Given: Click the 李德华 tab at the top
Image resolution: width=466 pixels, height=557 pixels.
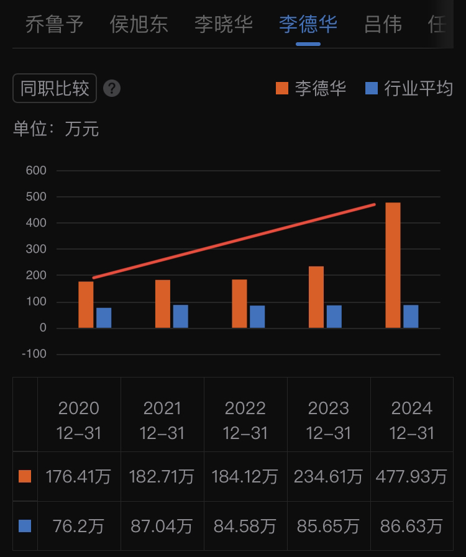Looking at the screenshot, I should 308,25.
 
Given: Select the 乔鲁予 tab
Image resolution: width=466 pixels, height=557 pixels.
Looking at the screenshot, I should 55,25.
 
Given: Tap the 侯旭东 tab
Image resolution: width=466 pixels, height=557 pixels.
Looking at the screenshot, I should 139,25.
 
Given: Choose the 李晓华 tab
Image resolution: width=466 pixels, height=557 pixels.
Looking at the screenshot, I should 224,25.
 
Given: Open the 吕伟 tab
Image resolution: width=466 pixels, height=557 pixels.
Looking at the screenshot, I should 383,25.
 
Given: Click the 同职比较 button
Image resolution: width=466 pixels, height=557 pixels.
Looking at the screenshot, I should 55,89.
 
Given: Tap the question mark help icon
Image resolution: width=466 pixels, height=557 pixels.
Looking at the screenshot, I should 112,89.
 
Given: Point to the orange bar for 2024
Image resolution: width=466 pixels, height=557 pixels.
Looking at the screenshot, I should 393,265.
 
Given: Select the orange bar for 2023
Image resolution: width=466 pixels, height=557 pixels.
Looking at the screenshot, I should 316,297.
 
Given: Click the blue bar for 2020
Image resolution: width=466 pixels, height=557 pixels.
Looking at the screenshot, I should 104,317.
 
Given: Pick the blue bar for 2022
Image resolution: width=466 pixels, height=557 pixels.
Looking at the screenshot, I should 257,317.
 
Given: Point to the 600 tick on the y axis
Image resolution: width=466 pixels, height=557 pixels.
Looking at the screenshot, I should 36,170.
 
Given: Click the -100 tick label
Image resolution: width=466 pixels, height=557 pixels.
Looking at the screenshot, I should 34,354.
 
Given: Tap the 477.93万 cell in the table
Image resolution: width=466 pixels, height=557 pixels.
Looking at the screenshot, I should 411,477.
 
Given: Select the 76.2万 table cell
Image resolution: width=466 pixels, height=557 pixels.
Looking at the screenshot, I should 78,527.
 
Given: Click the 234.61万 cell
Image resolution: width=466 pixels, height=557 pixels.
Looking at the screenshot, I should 329,477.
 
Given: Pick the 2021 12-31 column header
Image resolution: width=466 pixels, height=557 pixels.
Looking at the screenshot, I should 162,420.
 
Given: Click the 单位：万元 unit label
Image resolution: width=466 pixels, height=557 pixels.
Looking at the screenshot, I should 56,129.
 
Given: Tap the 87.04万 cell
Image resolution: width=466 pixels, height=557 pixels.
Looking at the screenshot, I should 162,527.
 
